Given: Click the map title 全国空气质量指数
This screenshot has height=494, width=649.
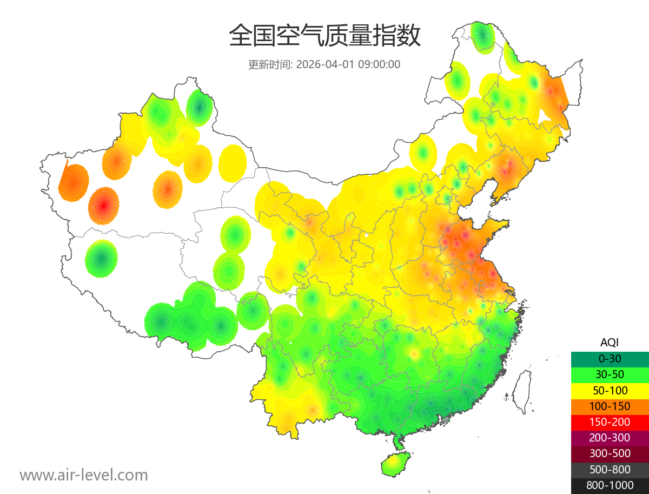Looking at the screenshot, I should click(x=325, y=36).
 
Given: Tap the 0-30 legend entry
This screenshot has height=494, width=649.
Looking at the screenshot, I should click(x=610, y=359).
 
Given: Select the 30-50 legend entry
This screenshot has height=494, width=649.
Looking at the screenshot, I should click(x=610, y=374).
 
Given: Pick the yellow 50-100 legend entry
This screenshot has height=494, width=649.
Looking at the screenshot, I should click(x=610, y=390).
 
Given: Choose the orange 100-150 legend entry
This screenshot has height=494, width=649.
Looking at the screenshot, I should click(x=610, y=406).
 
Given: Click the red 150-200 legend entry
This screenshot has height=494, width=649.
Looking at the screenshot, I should click(x=610, y=422).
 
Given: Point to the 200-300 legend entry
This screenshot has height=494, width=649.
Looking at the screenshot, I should click(x=610, y=438).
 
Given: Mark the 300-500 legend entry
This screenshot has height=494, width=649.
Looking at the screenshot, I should click(x=610, y=453).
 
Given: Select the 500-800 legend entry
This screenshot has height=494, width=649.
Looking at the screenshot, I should click(x=610, y=470).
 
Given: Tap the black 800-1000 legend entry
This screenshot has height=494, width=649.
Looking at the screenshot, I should click(x=610, y=485).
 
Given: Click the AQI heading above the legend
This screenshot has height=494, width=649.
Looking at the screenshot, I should click(x=610, y=342).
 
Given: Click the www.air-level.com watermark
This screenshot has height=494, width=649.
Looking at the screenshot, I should click(x=84, y=476).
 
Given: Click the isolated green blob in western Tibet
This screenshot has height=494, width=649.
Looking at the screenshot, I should click(x=101, y=259).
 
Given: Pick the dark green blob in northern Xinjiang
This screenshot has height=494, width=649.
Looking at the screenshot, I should click(x=200, y=108).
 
